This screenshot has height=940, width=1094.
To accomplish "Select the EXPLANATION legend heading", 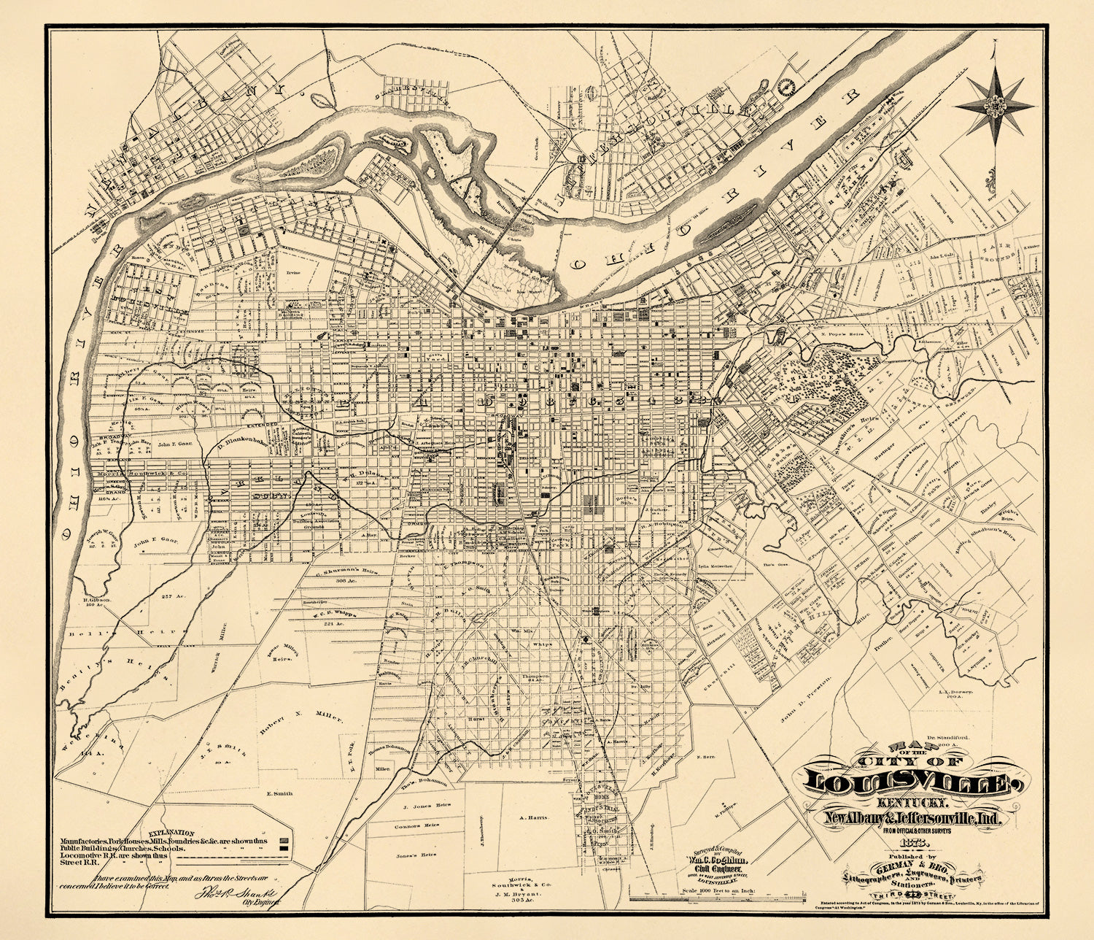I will [171, 832].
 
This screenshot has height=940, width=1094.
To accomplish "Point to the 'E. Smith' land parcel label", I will [279, 794].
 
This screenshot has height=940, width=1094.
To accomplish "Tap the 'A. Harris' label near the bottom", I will [533, 818].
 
